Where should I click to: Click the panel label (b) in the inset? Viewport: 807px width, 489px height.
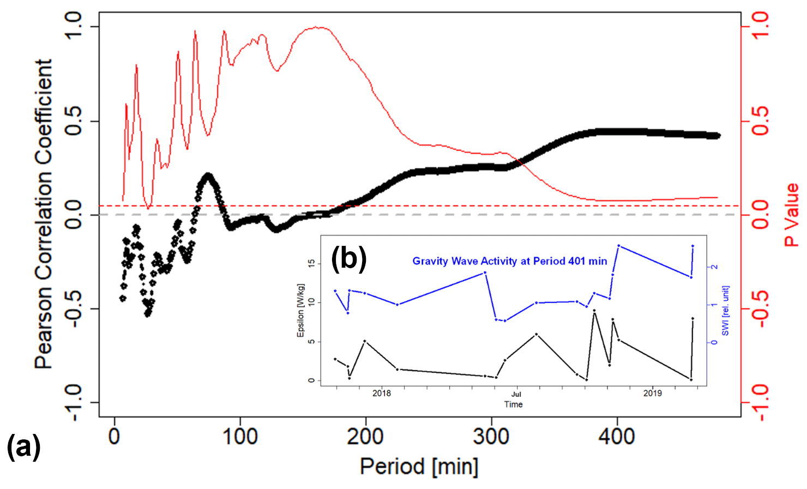point(349,257)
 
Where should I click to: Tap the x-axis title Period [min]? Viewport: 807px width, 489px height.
point(419,467)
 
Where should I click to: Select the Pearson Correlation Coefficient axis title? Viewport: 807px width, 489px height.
point(44,214)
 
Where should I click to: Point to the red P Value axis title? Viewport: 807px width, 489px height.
point(791,214)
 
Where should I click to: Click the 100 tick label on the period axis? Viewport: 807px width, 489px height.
point(240,437)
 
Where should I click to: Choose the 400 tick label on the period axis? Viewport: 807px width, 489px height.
point(617,437)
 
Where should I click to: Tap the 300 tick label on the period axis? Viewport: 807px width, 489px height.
point(491,437)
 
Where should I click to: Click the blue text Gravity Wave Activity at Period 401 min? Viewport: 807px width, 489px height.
point(509,261)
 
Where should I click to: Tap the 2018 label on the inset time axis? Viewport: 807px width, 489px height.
point(382,393)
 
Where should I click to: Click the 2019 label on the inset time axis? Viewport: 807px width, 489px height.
point(652,393)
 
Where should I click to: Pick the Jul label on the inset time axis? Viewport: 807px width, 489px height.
point(516,394)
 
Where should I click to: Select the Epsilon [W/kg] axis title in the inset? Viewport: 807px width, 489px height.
point(300,310)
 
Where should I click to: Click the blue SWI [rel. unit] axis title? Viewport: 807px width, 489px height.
point(725,310)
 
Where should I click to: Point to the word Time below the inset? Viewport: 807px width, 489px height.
point(513,405)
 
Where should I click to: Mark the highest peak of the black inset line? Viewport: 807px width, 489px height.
point(594,310)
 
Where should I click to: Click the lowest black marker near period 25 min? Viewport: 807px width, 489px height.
point(147,314)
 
